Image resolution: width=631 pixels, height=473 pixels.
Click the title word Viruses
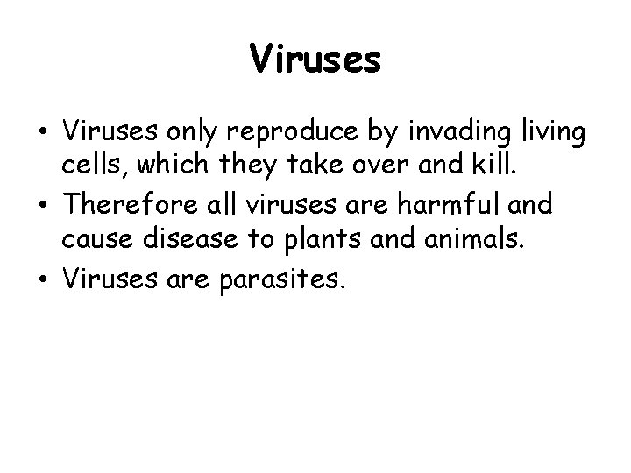pos(315,60)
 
